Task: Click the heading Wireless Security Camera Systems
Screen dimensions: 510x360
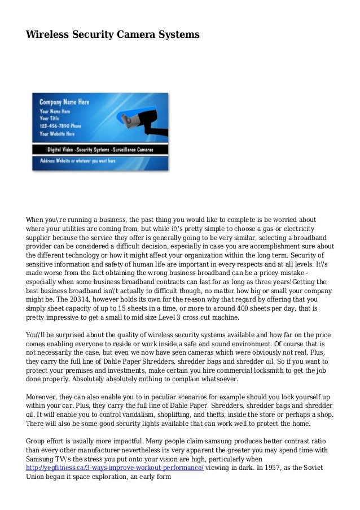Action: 112,35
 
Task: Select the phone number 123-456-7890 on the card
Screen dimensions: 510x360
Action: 60,126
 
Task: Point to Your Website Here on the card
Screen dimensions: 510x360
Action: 58,134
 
